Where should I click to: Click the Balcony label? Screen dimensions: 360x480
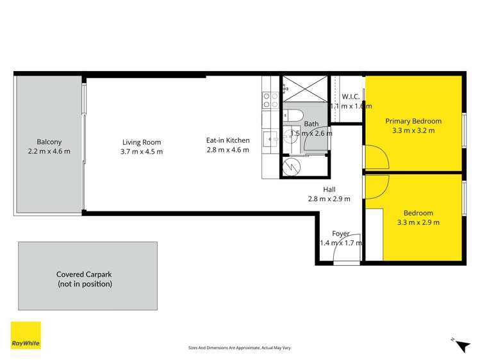[x=49, y=142]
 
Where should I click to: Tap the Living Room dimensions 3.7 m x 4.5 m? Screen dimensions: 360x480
[x=142, y=152]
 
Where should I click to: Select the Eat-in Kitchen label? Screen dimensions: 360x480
[x=228, y=140]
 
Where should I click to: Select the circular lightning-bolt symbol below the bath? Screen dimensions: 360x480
[x=292, y=167]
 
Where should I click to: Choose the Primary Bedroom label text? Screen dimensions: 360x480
[x=413, y=121]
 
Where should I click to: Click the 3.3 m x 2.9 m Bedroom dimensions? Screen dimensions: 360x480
[x=418, y=222]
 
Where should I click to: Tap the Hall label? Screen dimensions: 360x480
[x=329, y=190]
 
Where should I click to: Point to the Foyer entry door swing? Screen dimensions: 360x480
[x=347, y=255]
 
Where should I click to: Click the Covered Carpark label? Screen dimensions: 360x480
[x=84, y=274]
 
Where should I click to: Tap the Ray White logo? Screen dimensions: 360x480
[x=26, y=335]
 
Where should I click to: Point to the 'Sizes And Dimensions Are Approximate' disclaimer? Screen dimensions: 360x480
[x=240, y=347]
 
